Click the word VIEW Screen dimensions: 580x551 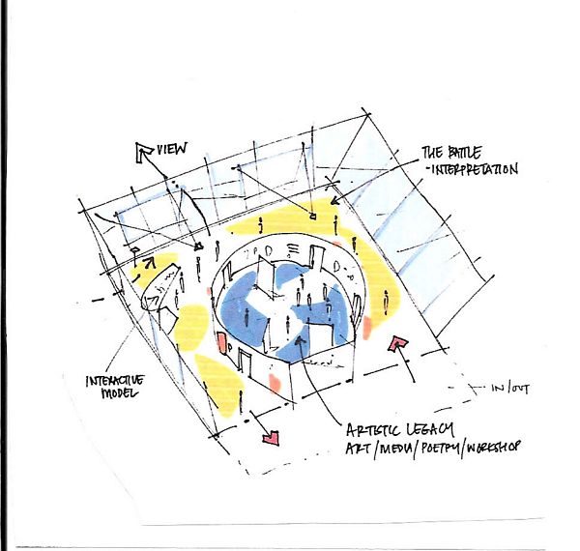[172, 149]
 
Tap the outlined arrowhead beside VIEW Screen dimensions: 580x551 [143, 152]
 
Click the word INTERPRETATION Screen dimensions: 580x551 [475, 169]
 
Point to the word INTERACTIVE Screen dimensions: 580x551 [115, 381]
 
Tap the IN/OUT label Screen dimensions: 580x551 [509, 389]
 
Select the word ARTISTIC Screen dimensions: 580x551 [373, 430]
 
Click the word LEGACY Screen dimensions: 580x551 [430, 430]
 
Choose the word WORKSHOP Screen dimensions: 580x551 [493, 448]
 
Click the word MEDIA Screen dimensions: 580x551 [394, 449]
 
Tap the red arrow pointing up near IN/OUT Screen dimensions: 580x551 [397, 344]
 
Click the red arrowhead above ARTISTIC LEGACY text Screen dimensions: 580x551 [271, 438]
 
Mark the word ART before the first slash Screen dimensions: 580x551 [358, 449]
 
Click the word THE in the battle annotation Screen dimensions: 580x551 [432, 152]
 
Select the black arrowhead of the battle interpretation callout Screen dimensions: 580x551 [334, 201]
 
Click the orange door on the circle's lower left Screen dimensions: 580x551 [222, 343]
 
